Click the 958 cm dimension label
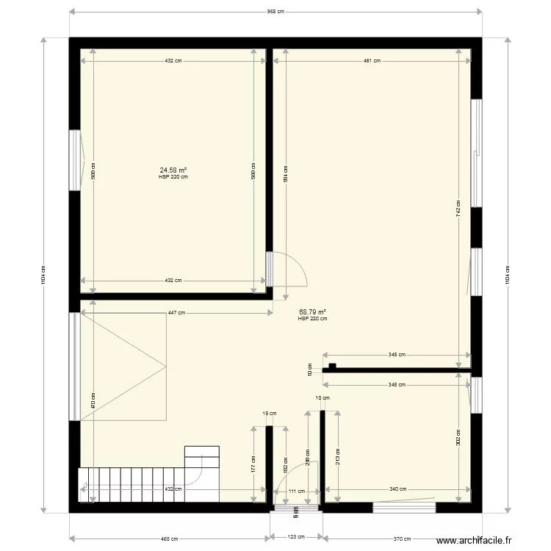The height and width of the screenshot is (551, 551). point(275,12)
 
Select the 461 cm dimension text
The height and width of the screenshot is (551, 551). point(372,61)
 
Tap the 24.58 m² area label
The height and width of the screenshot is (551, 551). point(173,170)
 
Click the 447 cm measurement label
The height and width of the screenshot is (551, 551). point(176,313)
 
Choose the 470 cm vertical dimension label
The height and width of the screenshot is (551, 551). point(93,400)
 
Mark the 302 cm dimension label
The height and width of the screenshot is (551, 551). point(458,438)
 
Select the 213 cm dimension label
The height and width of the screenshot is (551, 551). point(337,456)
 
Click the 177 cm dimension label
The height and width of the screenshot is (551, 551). point(253,464)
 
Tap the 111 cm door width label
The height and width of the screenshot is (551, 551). point(296,491)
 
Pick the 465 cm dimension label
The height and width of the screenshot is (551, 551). point(170,539)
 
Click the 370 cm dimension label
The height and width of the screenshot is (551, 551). point(401,539)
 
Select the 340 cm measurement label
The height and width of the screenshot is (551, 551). point(397,490)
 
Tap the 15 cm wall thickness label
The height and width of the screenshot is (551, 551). point(270,413)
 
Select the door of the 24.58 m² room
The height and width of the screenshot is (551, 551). point(288,268)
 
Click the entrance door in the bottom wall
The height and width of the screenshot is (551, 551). point(295,507)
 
